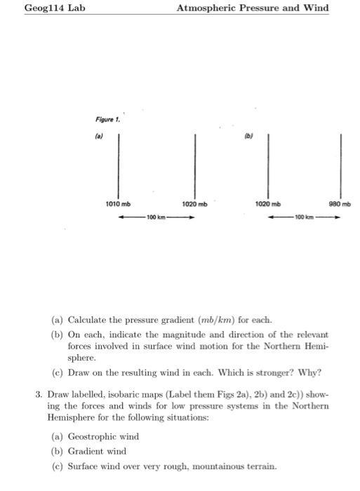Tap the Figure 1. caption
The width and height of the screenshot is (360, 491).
click(108, 119)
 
